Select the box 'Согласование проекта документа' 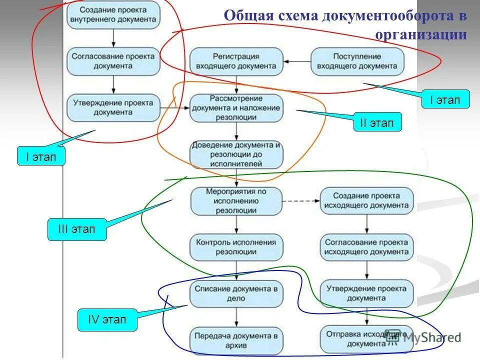(113, 61)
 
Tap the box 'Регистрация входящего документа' (236, 61)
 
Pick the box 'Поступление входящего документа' (357, 61)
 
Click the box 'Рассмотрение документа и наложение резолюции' (236, 107)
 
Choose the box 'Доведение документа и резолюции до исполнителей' (236, 154)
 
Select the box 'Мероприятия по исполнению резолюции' (236, 201)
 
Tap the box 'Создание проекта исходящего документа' (367, 201)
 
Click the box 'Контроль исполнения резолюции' (236, 247)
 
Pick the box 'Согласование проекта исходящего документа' (367, 247)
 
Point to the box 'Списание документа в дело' (236, 293)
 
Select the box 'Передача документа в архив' (236, 339)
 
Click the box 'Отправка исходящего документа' (367, 339)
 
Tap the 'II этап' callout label (377, 121)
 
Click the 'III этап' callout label (77, 229)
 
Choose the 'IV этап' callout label (107, 319)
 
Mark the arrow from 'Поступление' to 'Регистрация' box (297, 61)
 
